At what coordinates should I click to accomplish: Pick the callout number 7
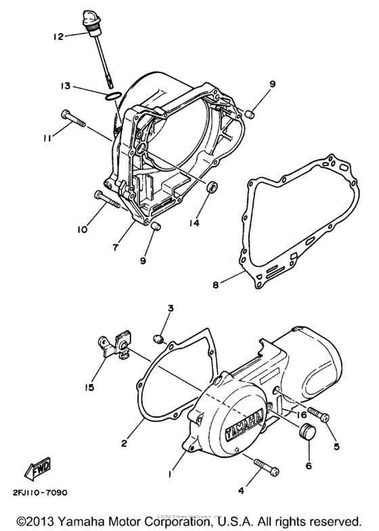pyautogui.click(x=116, y=248)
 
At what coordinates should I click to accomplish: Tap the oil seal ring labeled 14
pyautogui.click(x=213, y=187)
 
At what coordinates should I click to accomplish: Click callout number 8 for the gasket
pyautogui.click(x=215, y=286)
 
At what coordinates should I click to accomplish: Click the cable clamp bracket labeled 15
pyautogui.click(x=112, y=346)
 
